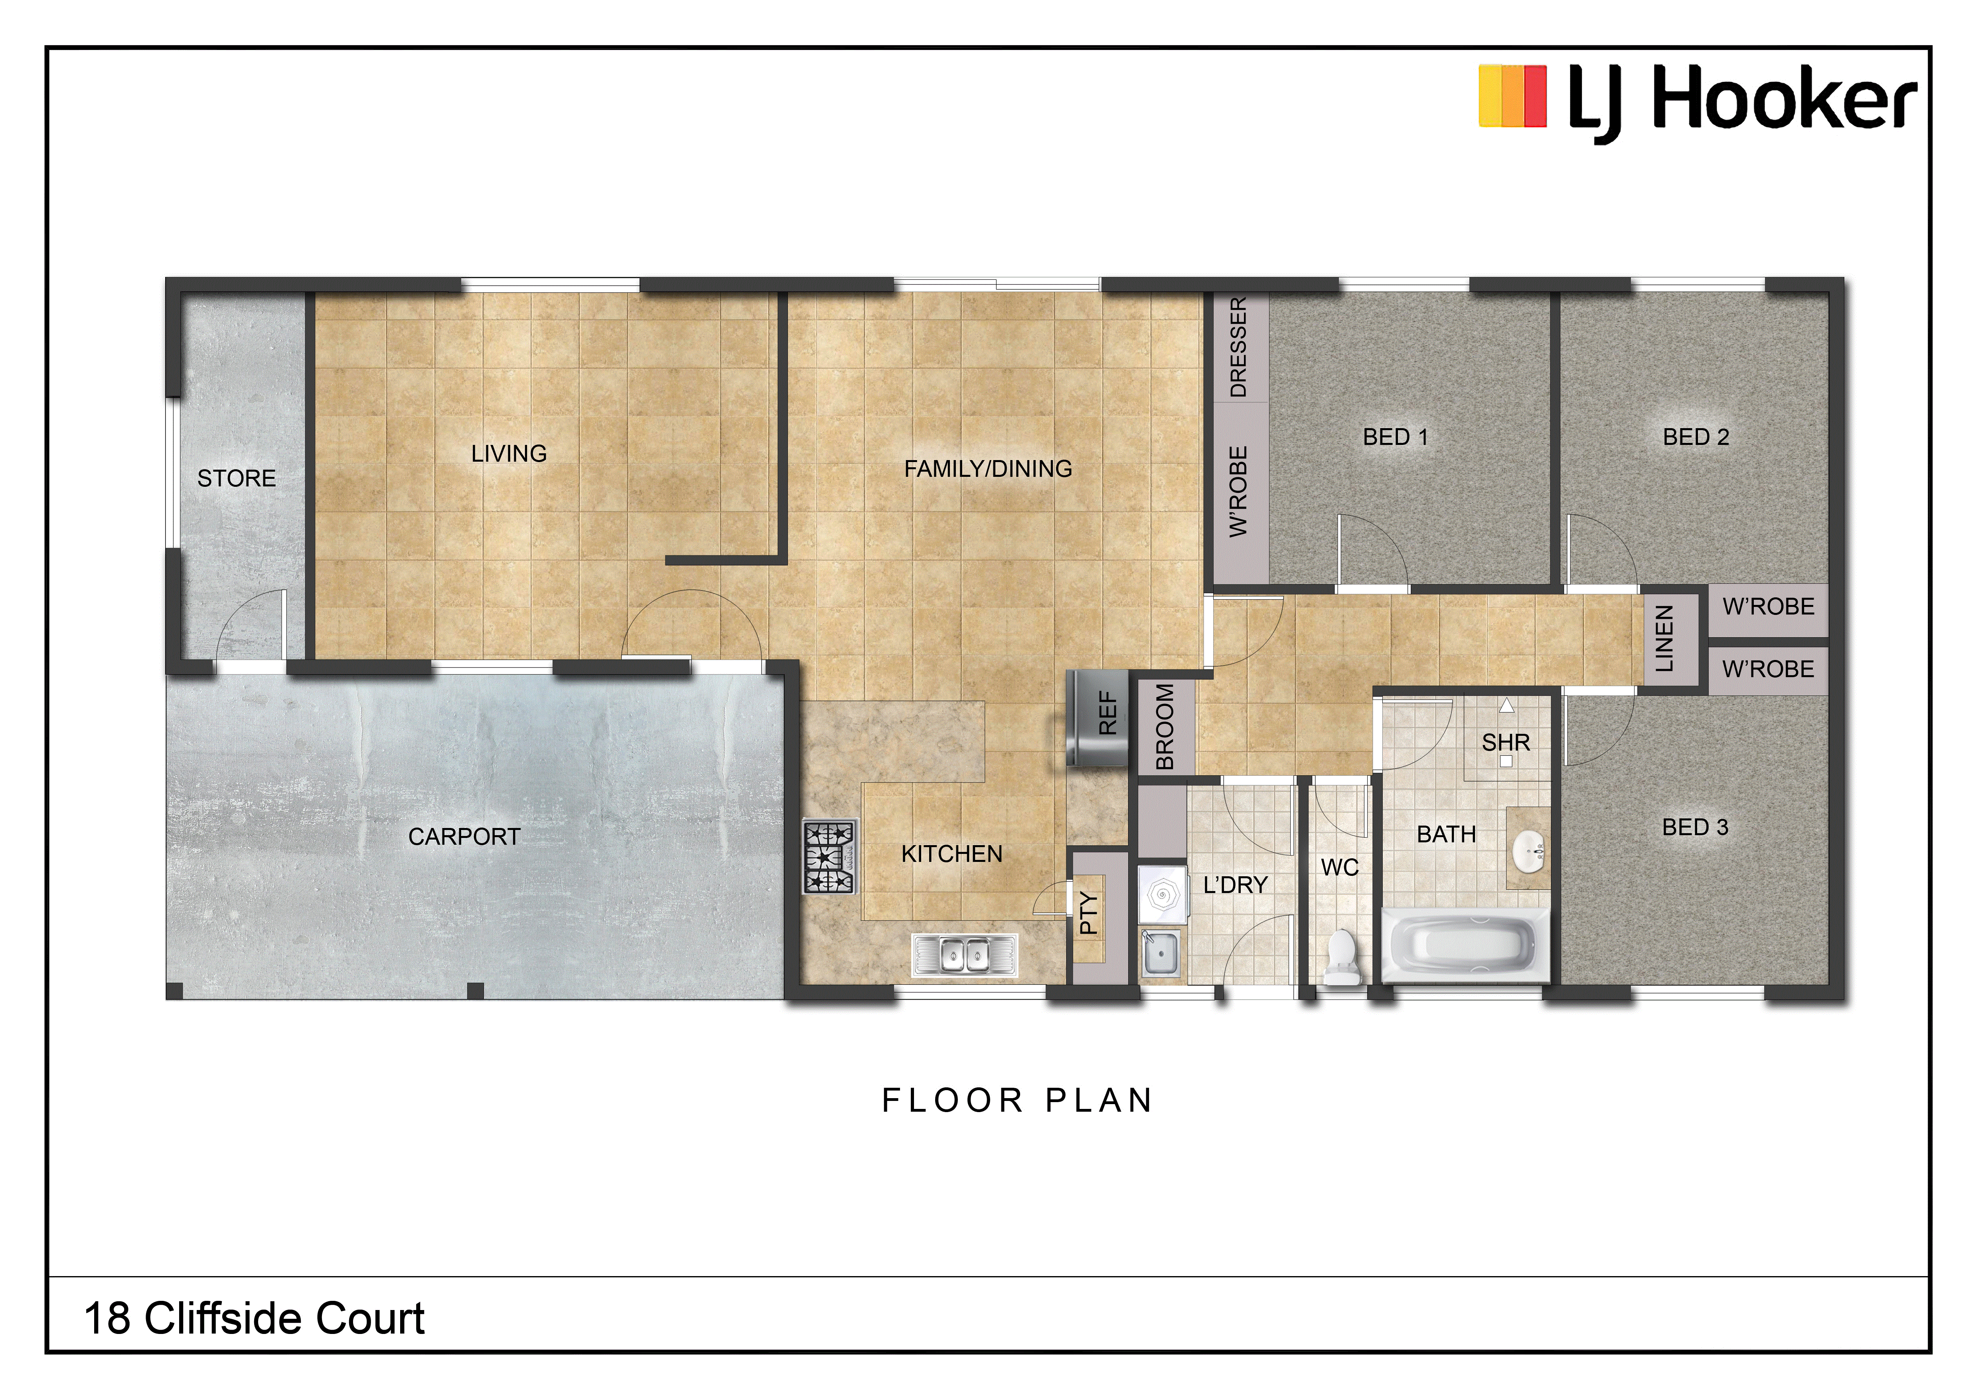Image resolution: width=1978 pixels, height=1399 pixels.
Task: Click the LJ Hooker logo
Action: pos(1697,102)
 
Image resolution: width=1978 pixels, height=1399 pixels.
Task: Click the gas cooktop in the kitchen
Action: pos(829,856)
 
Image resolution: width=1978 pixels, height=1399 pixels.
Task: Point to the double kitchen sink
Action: pos(965,954)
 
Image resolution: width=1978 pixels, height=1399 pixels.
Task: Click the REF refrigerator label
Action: pos(1108,713)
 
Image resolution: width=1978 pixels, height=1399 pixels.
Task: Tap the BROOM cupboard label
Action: pos(1165,726)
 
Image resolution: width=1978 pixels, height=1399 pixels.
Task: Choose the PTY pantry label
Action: pos(1089,913)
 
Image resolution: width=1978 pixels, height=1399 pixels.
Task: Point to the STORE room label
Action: pos(237,478)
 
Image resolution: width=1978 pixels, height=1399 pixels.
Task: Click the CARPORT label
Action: pos(464,836)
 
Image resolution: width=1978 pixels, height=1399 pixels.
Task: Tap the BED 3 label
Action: pos(1696,827)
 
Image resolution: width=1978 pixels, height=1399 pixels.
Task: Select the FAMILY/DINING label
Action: pos(988,468)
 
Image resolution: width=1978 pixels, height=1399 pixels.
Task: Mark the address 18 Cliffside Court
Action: pos(254,1318)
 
